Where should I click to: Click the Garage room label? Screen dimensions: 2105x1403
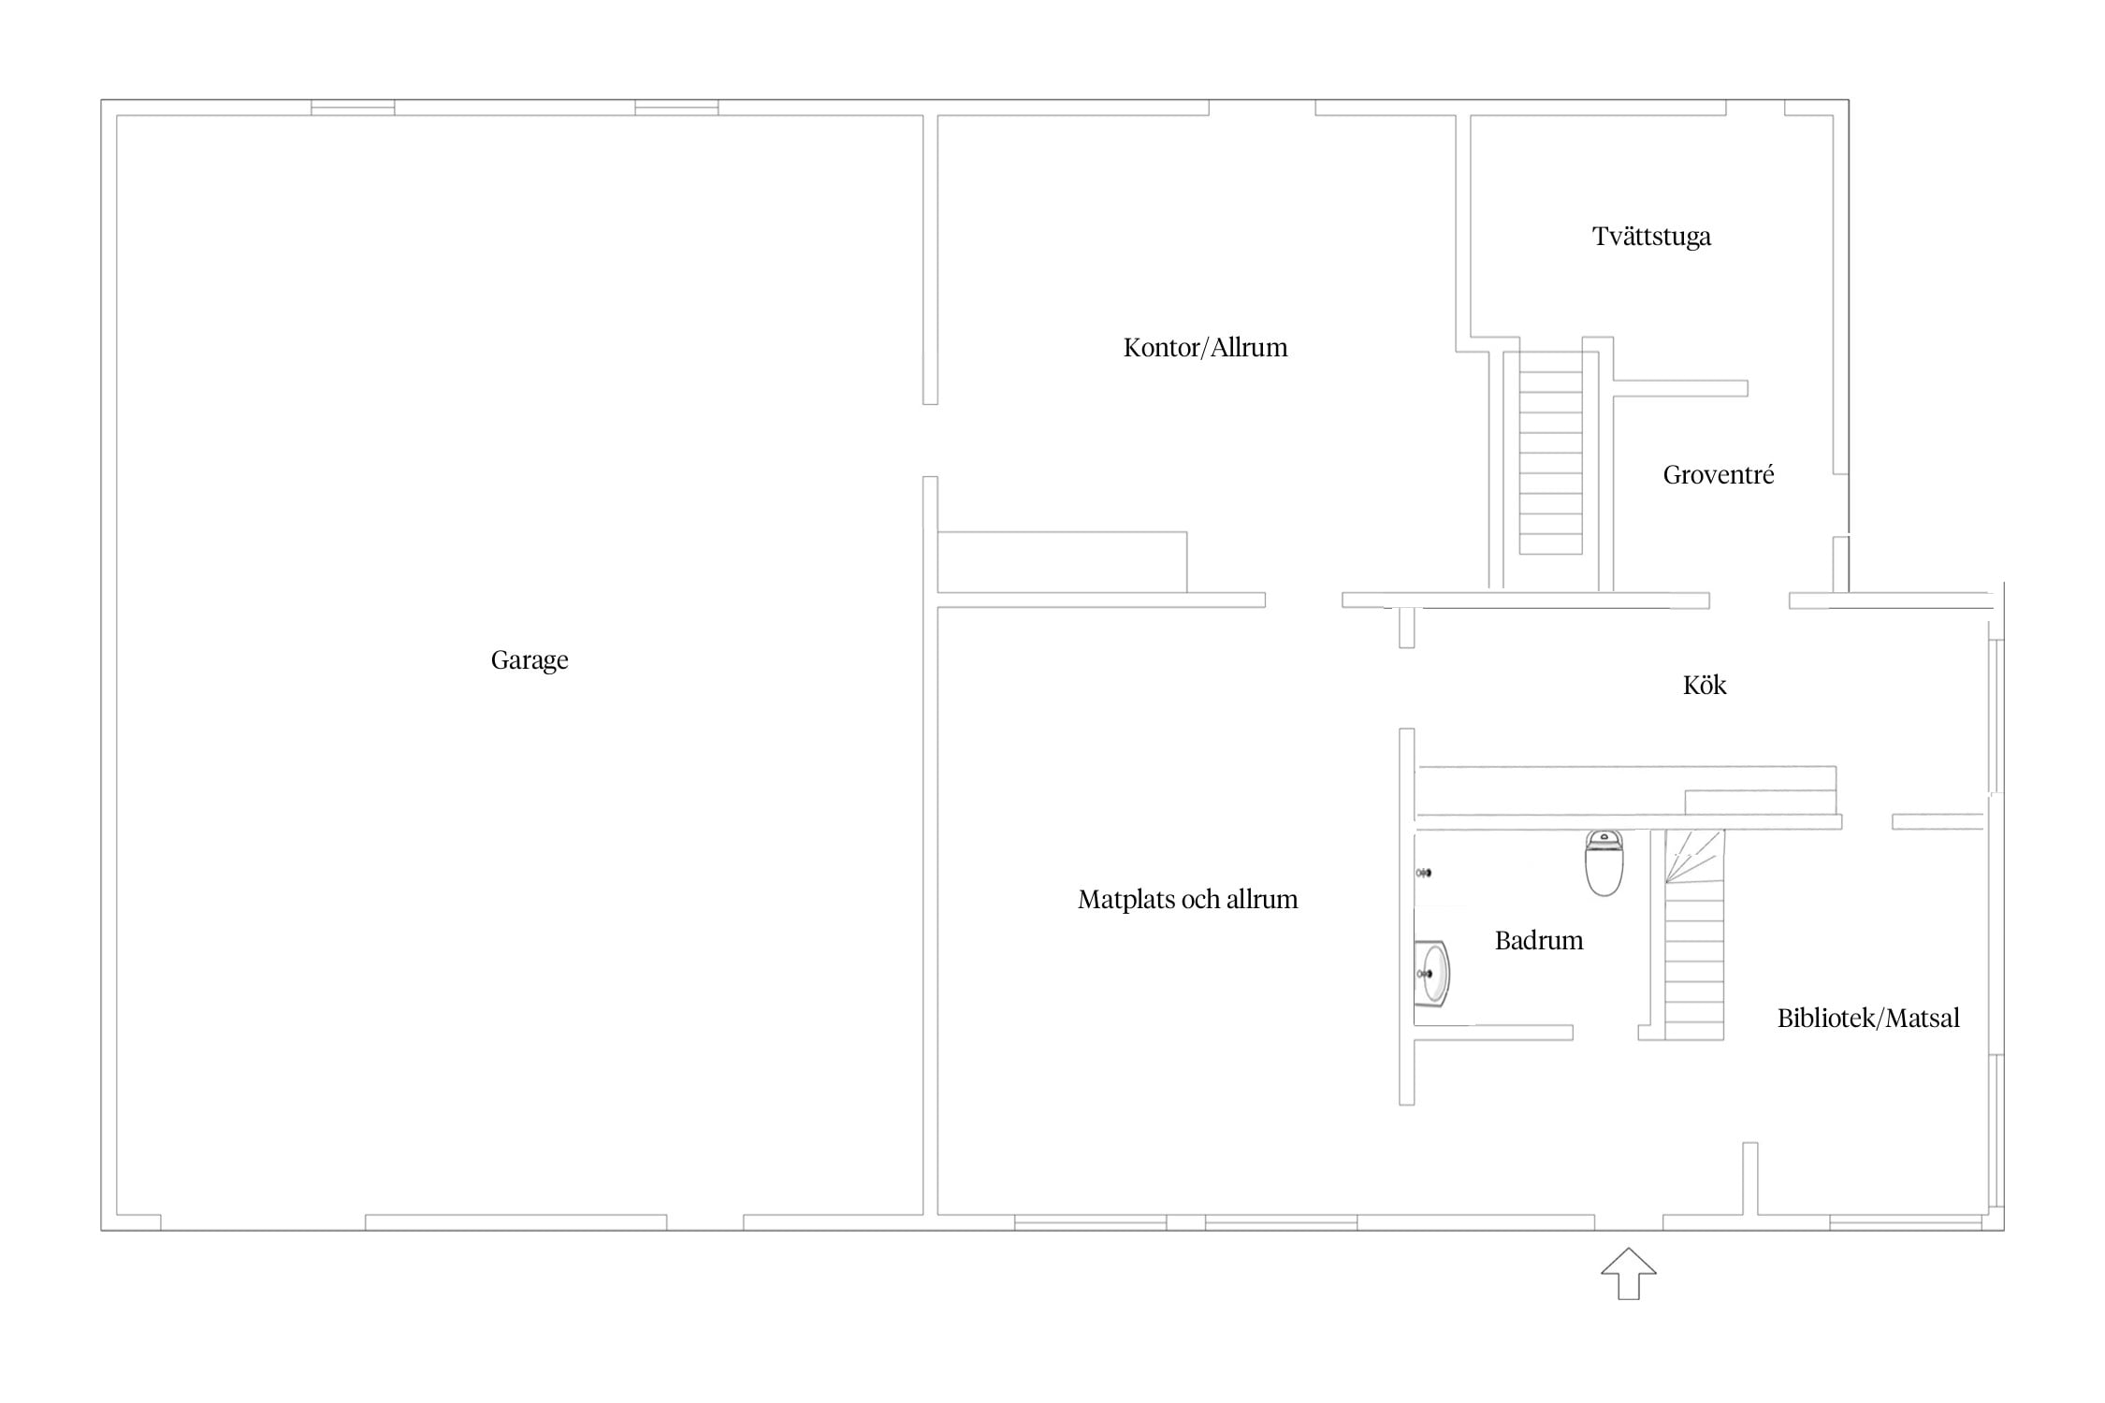(x=530, y=660)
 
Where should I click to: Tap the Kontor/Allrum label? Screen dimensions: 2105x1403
(x=1205, y=348)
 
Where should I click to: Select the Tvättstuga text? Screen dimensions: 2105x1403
(x=1651, y=237)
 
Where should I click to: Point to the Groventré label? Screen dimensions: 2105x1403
(x=1718, y=475)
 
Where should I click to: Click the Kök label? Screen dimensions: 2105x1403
(x=1705, y=685)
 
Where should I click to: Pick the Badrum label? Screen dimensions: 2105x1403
(x=1539, y=940)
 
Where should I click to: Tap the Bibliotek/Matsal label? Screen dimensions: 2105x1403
(x=1868, y=1018)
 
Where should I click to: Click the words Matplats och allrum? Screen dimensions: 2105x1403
(x=1187, y=900)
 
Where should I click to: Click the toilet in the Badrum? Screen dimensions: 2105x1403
(x=1604, y=862)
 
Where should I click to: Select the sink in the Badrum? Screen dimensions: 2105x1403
(x=1431, y=974)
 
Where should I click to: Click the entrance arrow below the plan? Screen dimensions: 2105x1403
(x=1628, y=1273)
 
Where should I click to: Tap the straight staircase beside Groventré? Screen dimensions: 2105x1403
(x=1550, y=453)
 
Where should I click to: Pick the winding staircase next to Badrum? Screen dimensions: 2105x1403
(x=1693, y=934)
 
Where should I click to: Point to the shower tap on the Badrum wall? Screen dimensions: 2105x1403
(x=1424, y=873)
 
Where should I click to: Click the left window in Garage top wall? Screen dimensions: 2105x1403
(x=353, y=108)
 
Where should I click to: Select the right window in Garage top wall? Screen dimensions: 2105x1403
(x=676, y=108)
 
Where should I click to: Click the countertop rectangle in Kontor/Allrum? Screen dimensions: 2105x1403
(x=1062, y=562)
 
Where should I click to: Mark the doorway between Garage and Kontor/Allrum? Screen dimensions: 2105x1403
(x=930, y=441)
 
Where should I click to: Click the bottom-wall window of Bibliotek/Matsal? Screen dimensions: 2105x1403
(x=1906, y=1222)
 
